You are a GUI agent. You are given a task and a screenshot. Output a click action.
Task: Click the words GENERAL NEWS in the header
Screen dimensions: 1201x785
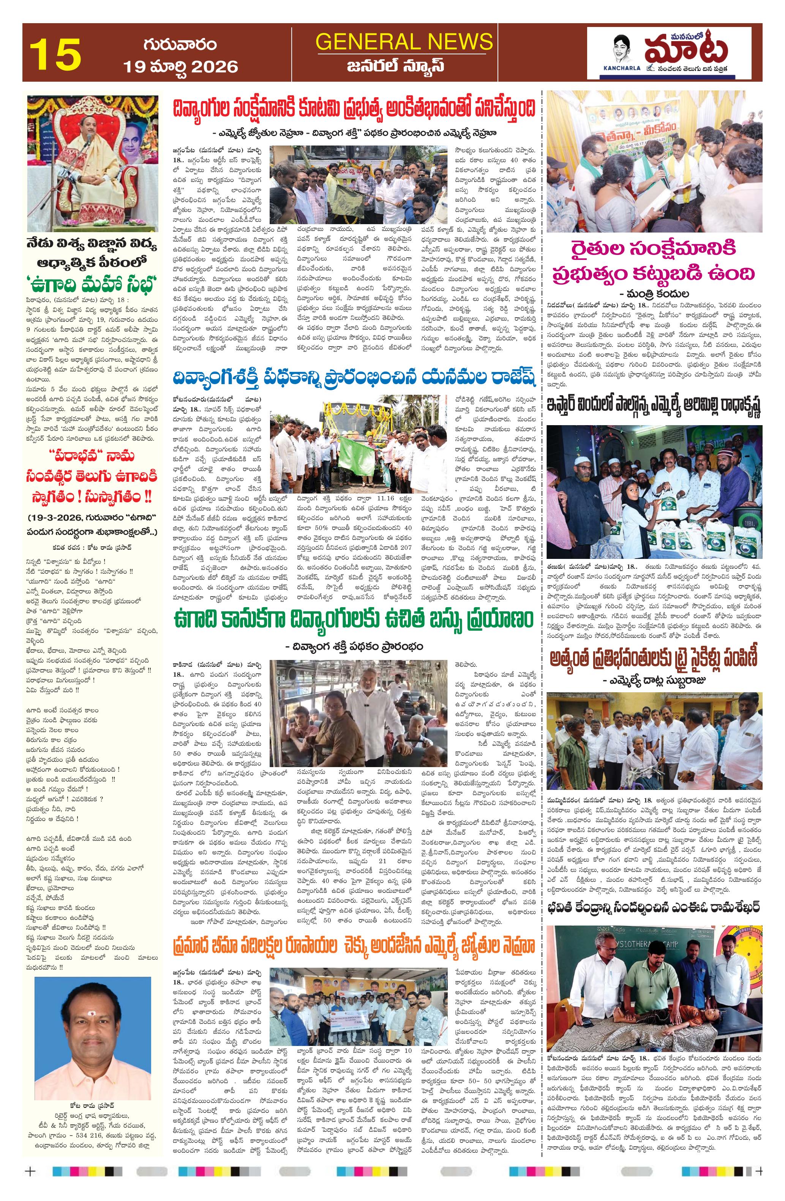(404, 41)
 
